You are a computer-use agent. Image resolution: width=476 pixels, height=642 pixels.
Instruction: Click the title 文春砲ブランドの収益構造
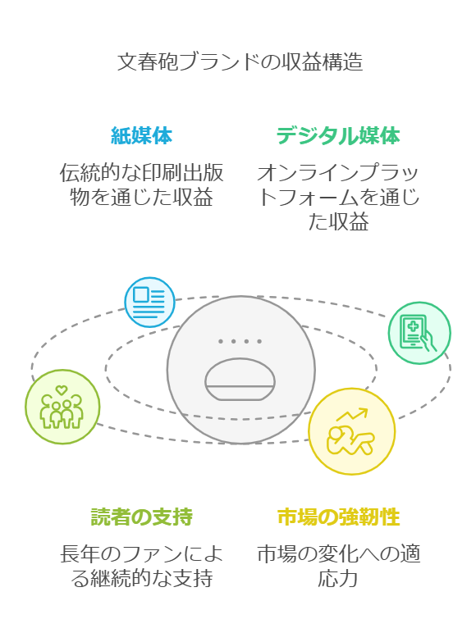[x=240, y=62]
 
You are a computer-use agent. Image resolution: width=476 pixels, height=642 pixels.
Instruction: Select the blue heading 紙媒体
[x=141, y=135]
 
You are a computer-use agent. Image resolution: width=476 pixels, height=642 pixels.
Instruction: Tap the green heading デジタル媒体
[x=338, y=135]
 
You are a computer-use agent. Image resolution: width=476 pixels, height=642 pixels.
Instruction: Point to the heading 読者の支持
[x=141, y=517]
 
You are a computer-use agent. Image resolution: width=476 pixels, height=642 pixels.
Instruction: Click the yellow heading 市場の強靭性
[x=338, y=517]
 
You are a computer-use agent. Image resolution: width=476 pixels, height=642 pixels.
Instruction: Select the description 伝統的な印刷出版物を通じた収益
[x=141, y=184]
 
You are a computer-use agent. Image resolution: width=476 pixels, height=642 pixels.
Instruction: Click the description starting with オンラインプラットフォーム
[x=338, y=197]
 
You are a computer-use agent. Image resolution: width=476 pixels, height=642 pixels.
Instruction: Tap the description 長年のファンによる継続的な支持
[x=141, y=566]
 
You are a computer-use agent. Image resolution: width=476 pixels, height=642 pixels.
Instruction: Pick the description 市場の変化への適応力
[x=338, y=566]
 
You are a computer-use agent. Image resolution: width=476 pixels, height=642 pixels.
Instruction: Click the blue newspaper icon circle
[x=149, y=303]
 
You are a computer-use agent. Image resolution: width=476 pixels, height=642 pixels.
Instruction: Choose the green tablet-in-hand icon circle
[x=419, y=333]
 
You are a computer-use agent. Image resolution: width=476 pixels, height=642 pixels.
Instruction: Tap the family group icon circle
[x=62, y=407]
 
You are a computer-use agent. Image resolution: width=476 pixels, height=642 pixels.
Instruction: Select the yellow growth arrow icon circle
[x=352, y=431]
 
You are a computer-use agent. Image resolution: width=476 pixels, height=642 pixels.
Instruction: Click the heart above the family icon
[x=62, y=389]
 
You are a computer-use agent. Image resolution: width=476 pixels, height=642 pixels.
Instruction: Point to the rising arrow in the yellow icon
[x=352, y=415]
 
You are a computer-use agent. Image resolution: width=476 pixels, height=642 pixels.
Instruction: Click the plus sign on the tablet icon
[x=414, y=326]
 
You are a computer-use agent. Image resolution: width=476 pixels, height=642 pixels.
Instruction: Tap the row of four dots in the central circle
[x=240, y=341]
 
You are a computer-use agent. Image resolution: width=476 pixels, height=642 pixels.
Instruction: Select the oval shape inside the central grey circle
[x=240, y=379]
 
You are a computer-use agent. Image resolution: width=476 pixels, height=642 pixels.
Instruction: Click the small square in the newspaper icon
[x=140, y=295]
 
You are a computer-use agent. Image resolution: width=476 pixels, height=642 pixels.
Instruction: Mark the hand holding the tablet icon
[x=428, y=341]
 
